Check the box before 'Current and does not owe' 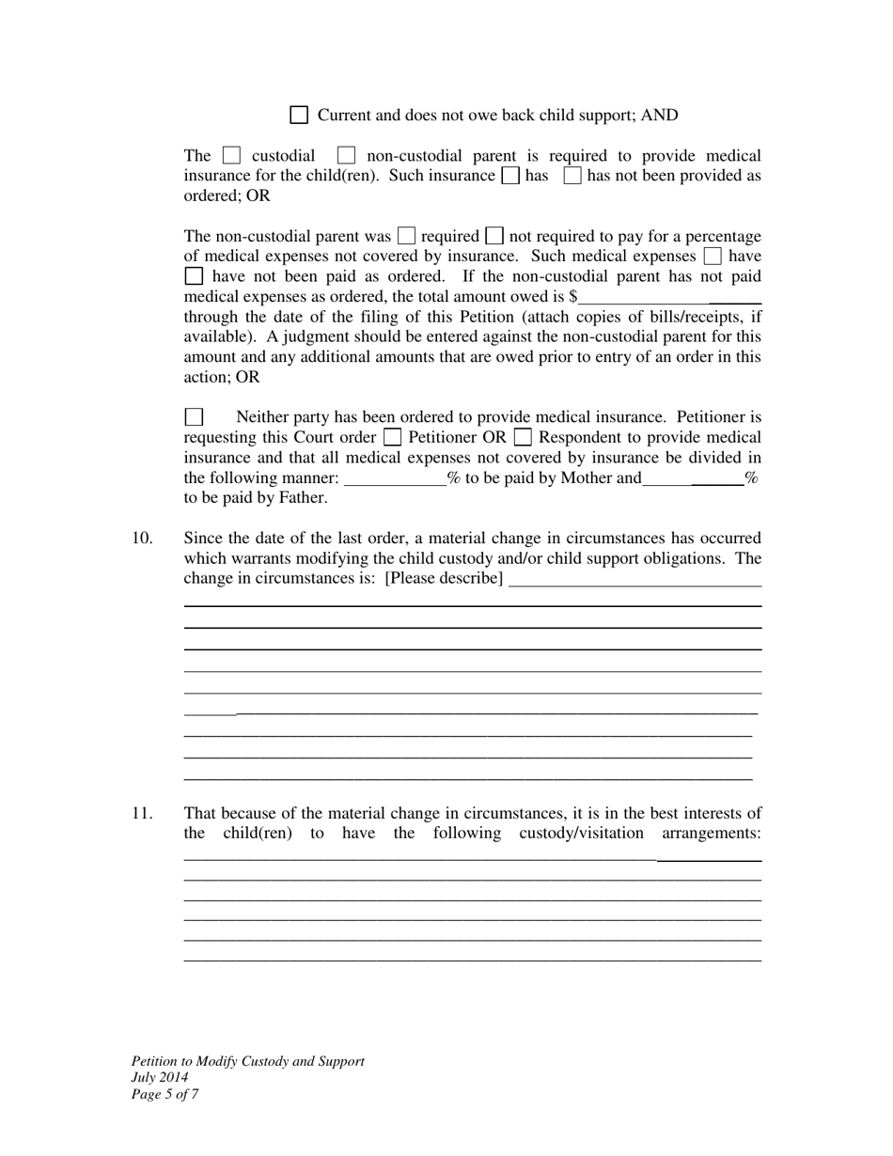(299, 116)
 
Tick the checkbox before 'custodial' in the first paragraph (231, 155)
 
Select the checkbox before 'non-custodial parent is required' (346, 155)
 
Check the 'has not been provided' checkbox (572, 176)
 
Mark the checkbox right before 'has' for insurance (510, 176)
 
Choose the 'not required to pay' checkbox (493, 236)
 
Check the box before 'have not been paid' (194, 276)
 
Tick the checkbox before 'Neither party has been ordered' (194, 416)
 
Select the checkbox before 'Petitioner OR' (393, 437)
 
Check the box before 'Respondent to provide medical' (524, 437)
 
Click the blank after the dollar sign (668, 297)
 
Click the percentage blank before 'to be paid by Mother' (396, 478)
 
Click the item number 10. (142, 539)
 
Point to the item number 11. (142, 814)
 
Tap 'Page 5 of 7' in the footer (164, 1094)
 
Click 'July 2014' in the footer (160, 1078)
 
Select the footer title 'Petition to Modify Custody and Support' (247, 1061)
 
